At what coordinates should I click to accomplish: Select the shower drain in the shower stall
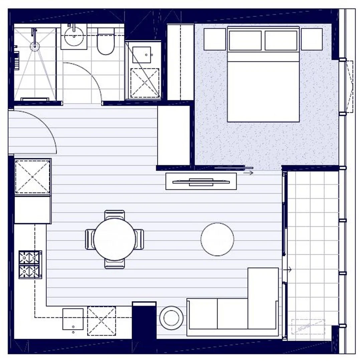click(34, 46)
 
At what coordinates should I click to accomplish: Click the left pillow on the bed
click(245, 40)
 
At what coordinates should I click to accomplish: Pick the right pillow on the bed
click(281, 40)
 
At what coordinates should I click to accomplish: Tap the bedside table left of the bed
click(215, 39)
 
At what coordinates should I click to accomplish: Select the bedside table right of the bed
click(312, 39)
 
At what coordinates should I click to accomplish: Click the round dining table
click(115, 239)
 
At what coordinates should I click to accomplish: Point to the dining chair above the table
click(115, 214)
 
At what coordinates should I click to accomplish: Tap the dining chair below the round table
click(115, 264)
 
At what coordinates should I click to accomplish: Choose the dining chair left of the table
click(90, 239)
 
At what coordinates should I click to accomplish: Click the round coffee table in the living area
click(217, 239)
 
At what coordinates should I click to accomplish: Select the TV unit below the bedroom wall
click(201, 182)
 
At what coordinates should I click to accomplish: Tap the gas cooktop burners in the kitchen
click(30, 264)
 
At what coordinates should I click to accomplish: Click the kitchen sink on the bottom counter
click(73, 319)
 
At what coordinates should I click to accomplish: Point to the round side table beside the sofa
click(171, 318)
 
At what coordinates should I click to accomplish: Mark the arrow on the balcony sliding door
click(288, 269)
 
